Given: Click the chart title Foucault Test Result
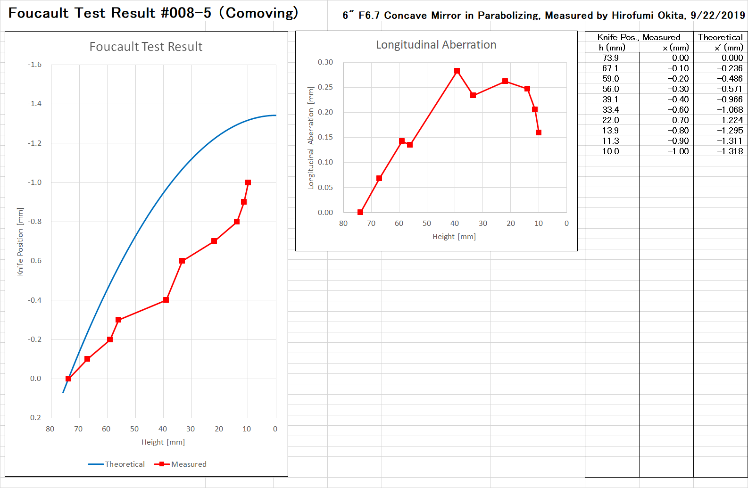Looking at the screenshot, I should [x=146, y=47].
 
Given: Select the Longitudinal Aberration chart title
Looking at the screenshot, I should [x=436, y=45].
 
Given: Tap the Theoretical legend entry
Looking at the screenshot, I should [x=116, y=464].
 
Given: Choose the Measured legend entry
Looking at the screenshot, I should [x=181, y=464].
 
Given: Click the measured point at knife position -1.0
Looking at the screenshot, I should [x=248, y=182].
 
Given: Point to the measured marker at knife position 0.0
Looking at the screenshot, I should [x=68, y=379].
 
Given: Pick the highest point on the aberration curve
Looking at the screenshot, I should [x=457, y=71].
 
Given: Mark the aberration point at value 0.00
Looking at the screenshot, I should [x=360, y=212].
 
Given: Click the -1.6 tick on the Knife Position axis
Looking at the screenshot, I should [x=35, y=65].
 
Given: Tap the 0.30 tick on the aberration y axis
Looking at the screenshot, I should [x=325, y=62].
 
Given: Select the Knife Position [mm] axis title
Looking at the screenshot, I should [x=20, y=241].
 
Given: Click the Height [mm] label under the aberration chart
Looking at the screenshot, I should [x=454, y=237].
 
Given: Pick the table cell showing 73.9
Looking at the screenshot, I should [x=610, y=58].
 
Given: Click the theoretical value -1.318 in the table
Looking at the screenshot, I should [x=730, y=151].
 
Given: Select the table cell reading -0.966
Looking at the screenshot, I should [x=730, y=99].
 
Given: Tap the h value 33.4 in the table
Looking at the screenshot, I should [x=610, y=110].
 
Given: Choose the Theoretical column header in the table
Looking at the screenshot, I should [x=720, y=37].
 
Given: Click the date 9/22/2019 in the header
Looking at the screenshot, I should [x=718, y=15].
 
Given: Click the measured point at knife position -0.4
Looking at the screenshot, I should [x=166, y=300].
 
